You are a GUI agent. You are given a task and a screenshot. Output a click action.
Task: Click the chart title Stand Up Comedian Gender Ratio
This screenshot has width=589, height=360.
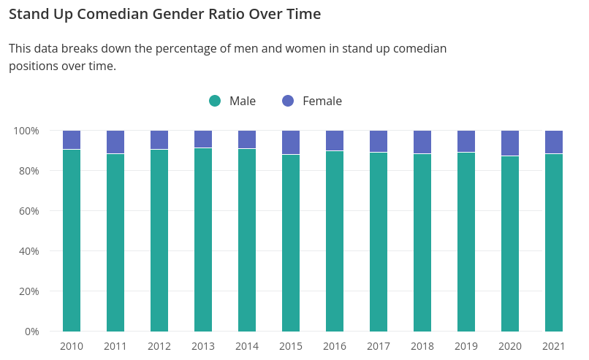tap(164, 15)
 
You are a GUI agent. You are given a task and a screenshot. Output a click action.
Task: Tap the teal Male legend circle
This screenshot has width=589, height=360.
tap(215, 101)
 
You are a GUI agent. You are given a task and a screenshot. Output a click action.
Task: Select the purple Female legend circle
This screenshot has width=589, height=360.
tap(288, 101)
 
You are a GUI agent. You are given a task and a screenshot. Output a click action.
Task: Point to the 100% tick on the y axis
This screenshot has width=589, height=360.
tap(26, 131)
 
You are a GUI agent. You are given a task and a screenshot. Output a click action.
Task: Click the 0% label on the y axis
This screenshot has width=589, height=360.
tap(31, 332)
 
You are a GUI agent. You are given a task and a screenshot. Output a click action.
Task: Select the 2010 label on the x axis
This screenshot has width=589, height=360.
tap(72, 346)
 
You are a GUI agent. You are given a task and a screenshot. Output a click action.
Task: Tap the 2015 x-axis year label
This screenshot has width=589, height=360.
tap(291, 346)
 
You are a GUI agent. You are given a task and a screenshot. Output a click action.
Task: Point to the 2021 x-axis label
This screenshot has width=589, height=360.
tap(554, 346)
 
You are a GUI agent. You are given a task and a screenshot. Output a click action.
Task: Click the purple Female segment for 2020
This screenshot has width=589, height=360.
tap(510, 143)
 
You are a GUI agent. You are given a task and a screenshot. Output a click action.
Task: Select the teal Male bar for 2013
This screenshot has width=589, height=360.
tap(203, 241)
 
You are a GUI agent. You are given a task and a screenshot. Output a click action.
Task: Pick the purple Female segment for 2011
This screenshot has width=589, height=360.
tap(115, 142)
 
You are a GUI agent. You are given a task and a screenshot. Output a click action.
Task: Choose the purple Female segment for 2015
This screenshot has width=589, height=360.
tap(291, 142)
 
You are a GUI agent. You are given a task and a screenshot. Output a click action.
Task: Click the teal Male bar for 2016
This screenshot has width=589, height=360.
tap(335, 242)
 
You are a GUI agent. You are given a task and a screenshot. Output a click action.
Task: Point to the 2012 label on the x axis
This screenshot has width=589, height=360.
tap(159, 346)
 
